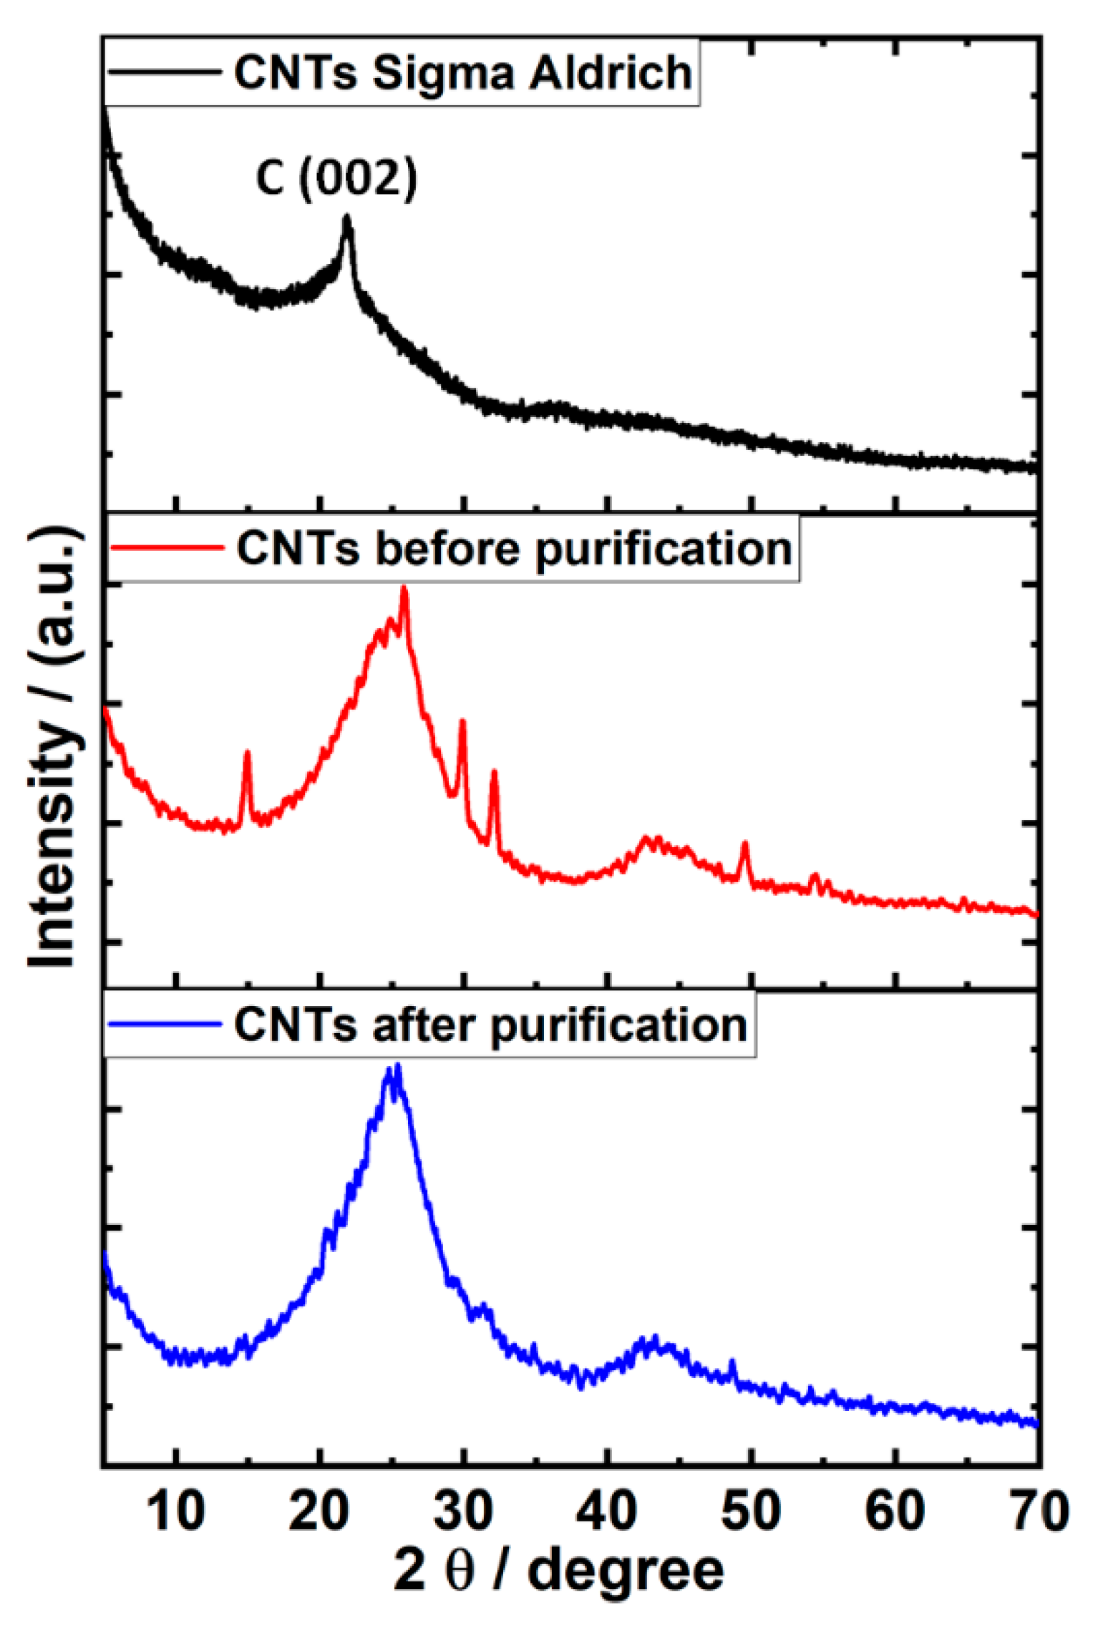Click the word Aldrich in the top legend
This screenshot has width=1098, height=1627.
coord(610,73)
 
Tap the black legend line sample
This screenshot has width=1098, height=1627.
coord(164,72)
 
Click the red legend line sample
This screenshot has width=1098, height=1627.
coord(166,548)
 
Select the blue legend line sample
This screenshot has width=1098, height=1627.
coord(164,1025)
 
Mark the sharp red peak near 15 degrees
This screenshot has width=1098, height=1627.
coord(247,753)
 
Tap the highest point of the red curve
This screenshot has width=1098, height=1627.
coord(404,588)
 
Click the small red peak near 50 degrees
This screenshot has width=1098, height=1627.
coord(745,845)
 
